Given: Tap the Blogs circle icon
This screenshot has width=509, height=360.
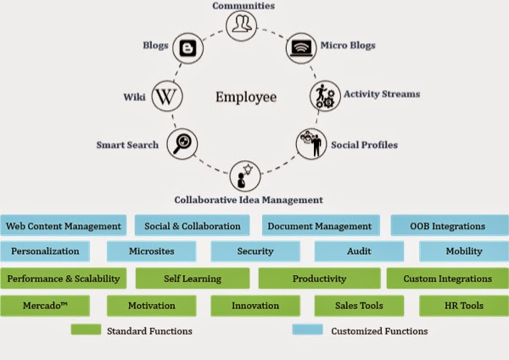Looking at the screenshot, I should pyautogui.click(x=187, y=48).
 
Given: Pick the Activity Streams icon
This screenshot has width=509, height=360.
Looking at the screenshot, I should pyautogui.click(x=323, y=96).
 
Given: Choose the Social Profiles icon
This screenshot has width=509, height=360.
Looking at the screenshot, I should pyautogui.click(x=310, y=143).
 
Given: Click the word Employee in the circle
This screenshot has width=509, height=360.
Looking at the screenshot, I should pyautogui.click(x=245, y=97).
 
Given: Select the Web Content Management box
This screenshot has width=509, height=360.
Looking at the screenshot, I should pyautogui.click(x=64, y=226).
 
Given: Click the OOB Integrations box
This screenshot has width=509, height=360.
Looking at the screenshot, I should pyautogui.click(x=444, y=226).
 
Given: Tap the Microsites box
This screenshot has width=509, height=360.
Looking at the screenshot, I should pyautogui.click(x=152, y=251).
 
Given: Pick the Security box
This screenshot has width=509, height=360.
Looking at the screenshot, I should pyautogui.click(x=255, y=251).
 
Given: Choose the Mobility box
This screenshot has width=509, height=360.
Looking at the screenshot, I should pyautogui.click(x=463, y=251).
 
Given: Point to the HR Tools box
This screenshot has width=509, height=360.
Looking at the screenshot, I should pyautogui.click(x=461, y=305).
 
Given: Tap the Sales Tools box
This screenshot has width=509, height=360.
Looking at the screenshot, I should pyautogui.click(x=359, y=305).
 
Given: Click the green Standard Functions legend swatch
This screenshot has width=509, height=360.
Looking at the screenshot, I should pyautogui.click(x=86, y=329).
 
